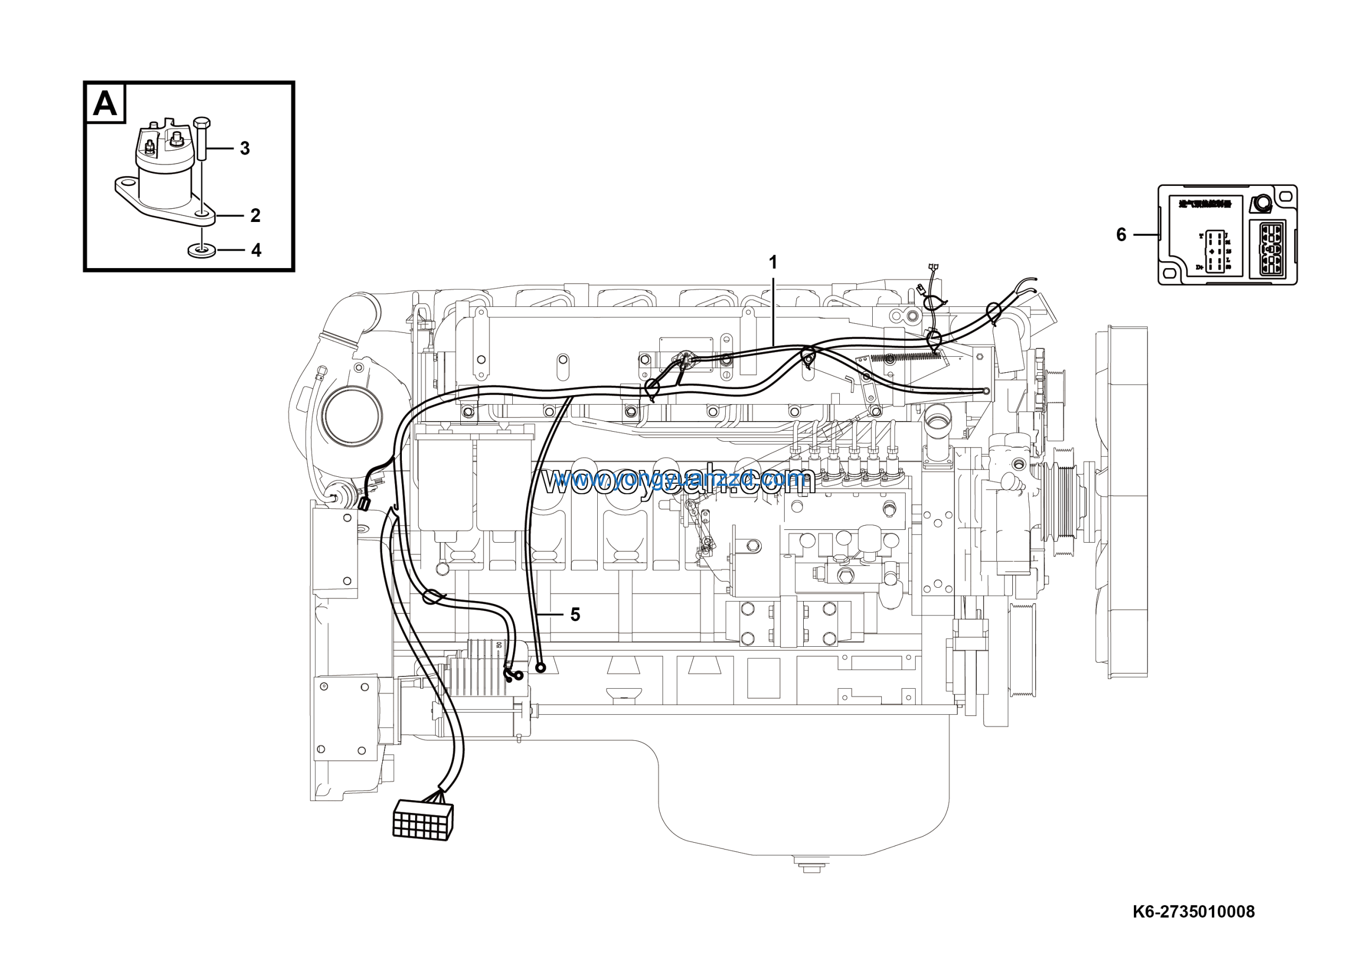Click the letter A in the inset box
[x=105, y=104]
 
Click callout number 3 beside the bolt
[x=244, y=148]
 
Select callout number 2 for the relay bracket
[x=255, y=216]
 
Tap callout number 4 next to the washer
[x=256, y=251]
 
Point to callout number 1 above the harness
[x=772, y=262]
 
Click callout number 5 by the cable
[x=575, y=614]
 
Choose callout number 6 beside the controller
[x=1121, y=235]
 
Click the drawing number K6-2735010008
[x=1193, y=912]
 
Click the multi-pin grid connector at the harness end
[x=423, y=820]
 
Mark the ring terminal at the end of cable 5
[x=540, y=668]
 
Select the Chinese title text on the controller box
[x=1205, y=205]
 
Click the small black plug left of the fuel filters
[x=364, y=504]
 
